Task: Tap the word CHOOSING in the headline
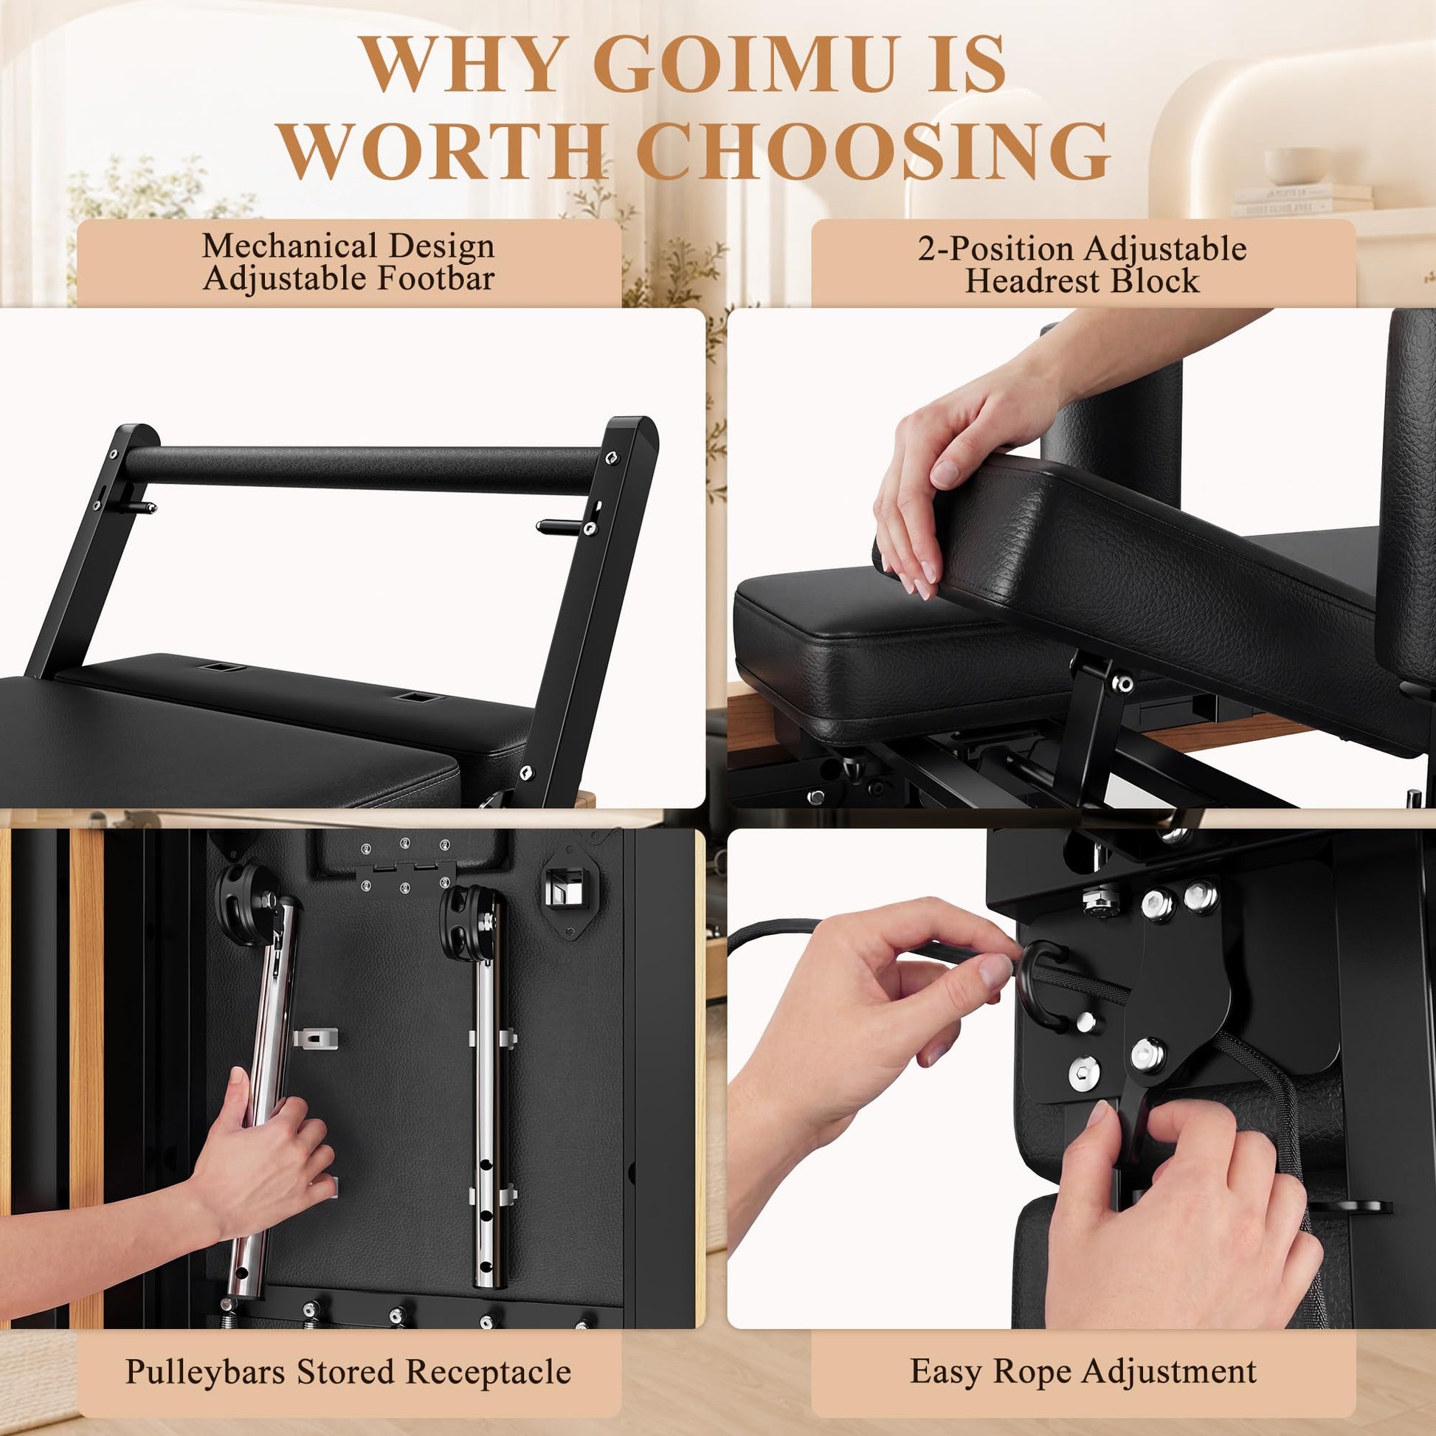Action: coord(874,149)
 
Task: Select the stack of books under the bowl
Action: coord(1302,200)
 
